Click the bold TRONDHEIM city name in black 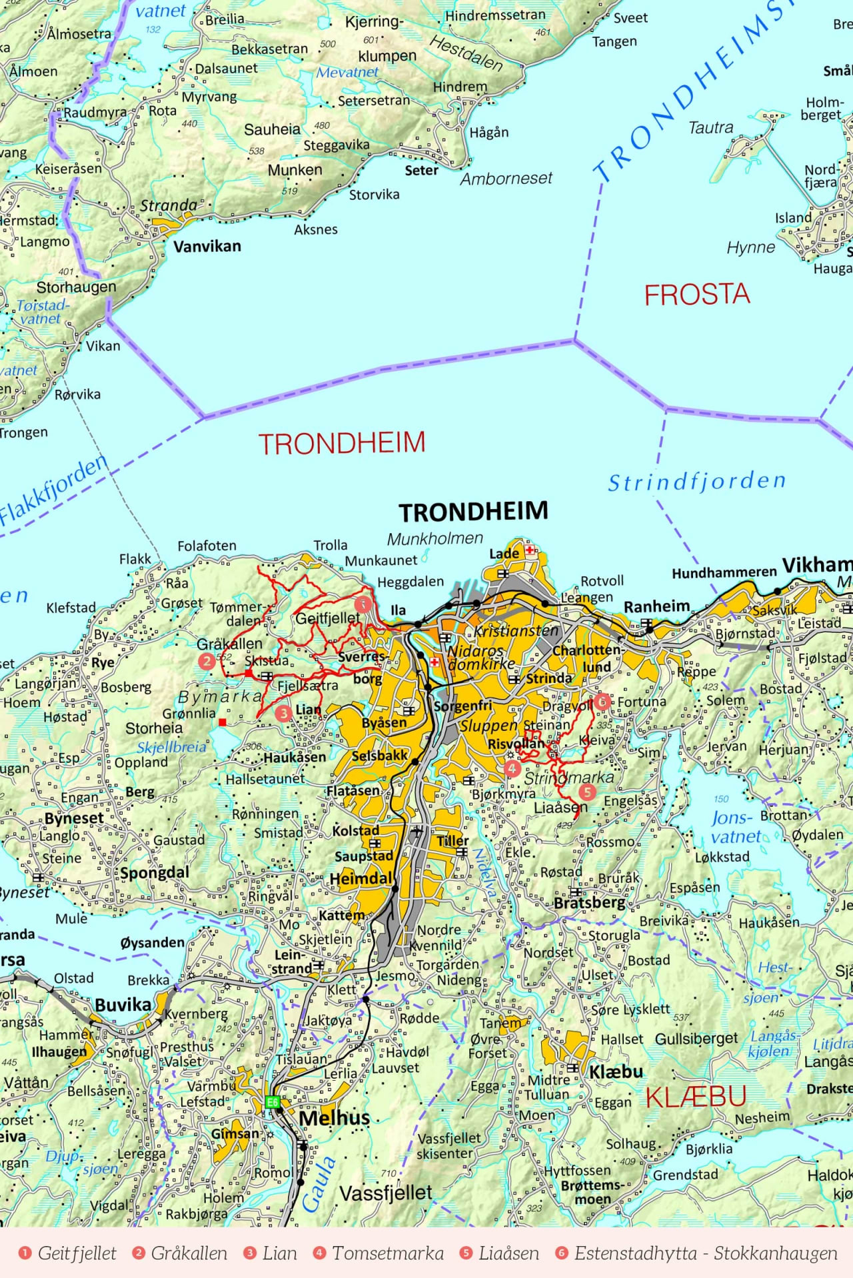pyautogui.click(x=473, y=512)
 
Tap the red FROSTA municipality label pyautogui.click(x=697, y=295)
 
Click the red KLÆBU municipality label pyautogui.click(x=695, y=1097)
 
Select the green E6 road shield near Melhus pyautogui.click(x=272, y=1102)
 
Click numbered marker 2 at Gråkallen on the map pyautogui.click(x=207, y=661)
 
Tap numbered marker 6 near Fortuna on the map pyautogui.click(x=602, y=700)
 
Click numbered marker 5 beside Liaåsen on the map pyautogui.click(x=586, y=792)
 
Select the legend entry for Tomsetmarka pyautogui.click(x=379, y=1253)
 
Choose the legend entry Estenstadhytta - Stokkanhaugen pyautogui.click(x=697, y=1253)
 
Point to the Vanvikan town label pyautogui.click(x=207, y=247)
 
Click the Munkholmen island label pyautogui.click(x=434, y=538)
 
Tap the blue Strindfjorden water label pyautogui.click(x=696, y=481)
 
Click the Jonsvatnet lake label pyautogui.click(x=735, y=827)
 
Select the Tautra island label pyautogui.click(x=710, y=127)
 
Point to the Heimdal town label pyautogui.click(x=361, y=879)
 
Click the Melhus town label pyautogui.click(x=334, y=1117)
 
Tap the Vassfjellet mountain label pyautogui.click(x=386, y=1193)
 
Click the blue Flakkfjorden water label pyautogui.click(x=53, y=490)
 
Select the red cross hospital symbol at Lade pyautogui.click(x=530, y=550)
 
